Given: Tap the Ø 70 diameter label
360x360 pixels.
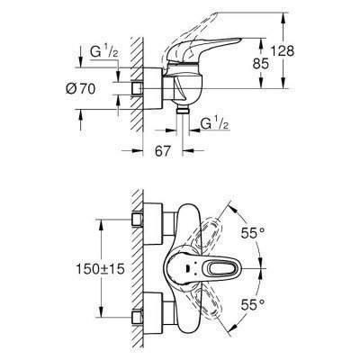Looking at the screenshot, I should click(80, 90).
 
